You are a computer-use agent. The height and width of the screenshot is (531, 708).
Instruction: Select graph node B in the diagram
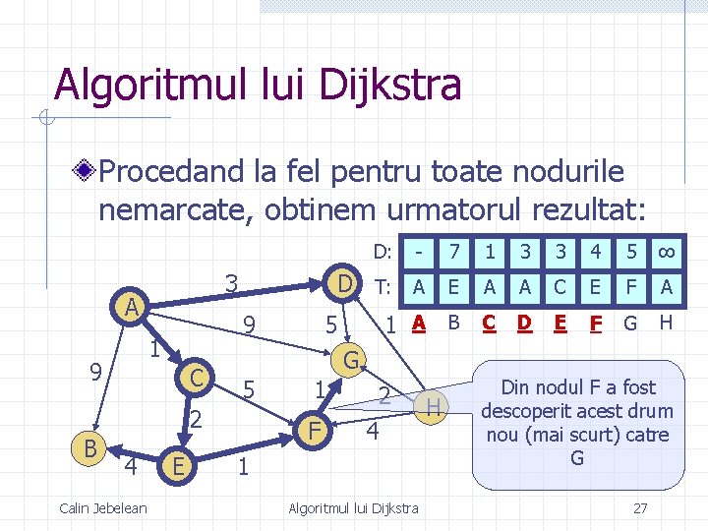point(89,448)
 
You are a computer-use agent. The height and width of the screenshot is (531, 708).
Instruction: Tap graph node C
point(197,376)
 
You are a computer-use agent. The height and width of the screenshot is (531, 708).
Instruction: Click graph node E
point(175,463)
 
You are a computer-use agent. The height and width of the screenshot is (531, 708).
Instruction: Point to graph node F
point(314,429)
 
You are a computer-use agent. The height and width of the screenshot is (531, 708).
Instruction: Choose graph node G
point(351,357)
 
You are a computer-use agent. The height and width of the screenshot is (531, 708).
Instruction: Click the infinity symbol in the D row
point(666,253)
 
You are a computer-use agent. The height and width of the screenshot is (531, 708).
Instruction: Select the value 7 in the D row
point(453,253)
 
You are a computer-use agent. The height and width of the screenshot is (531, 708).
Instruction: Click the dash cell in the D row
point(419,253)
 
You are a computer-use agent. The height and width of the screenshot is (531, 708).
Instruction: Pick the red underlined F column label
point(594,322)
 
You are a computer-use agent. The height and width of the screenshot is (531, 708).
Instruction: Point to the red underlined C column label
point(489,322)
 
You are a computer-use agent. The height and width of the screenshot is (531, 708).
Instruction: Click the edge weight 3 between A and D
point(231,282)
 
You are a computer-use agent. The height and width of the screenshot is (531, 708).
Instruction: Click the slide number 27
point(640,507)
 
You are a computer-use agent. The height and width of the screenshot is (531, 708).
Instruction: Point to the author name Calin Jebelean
point(103,507)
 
